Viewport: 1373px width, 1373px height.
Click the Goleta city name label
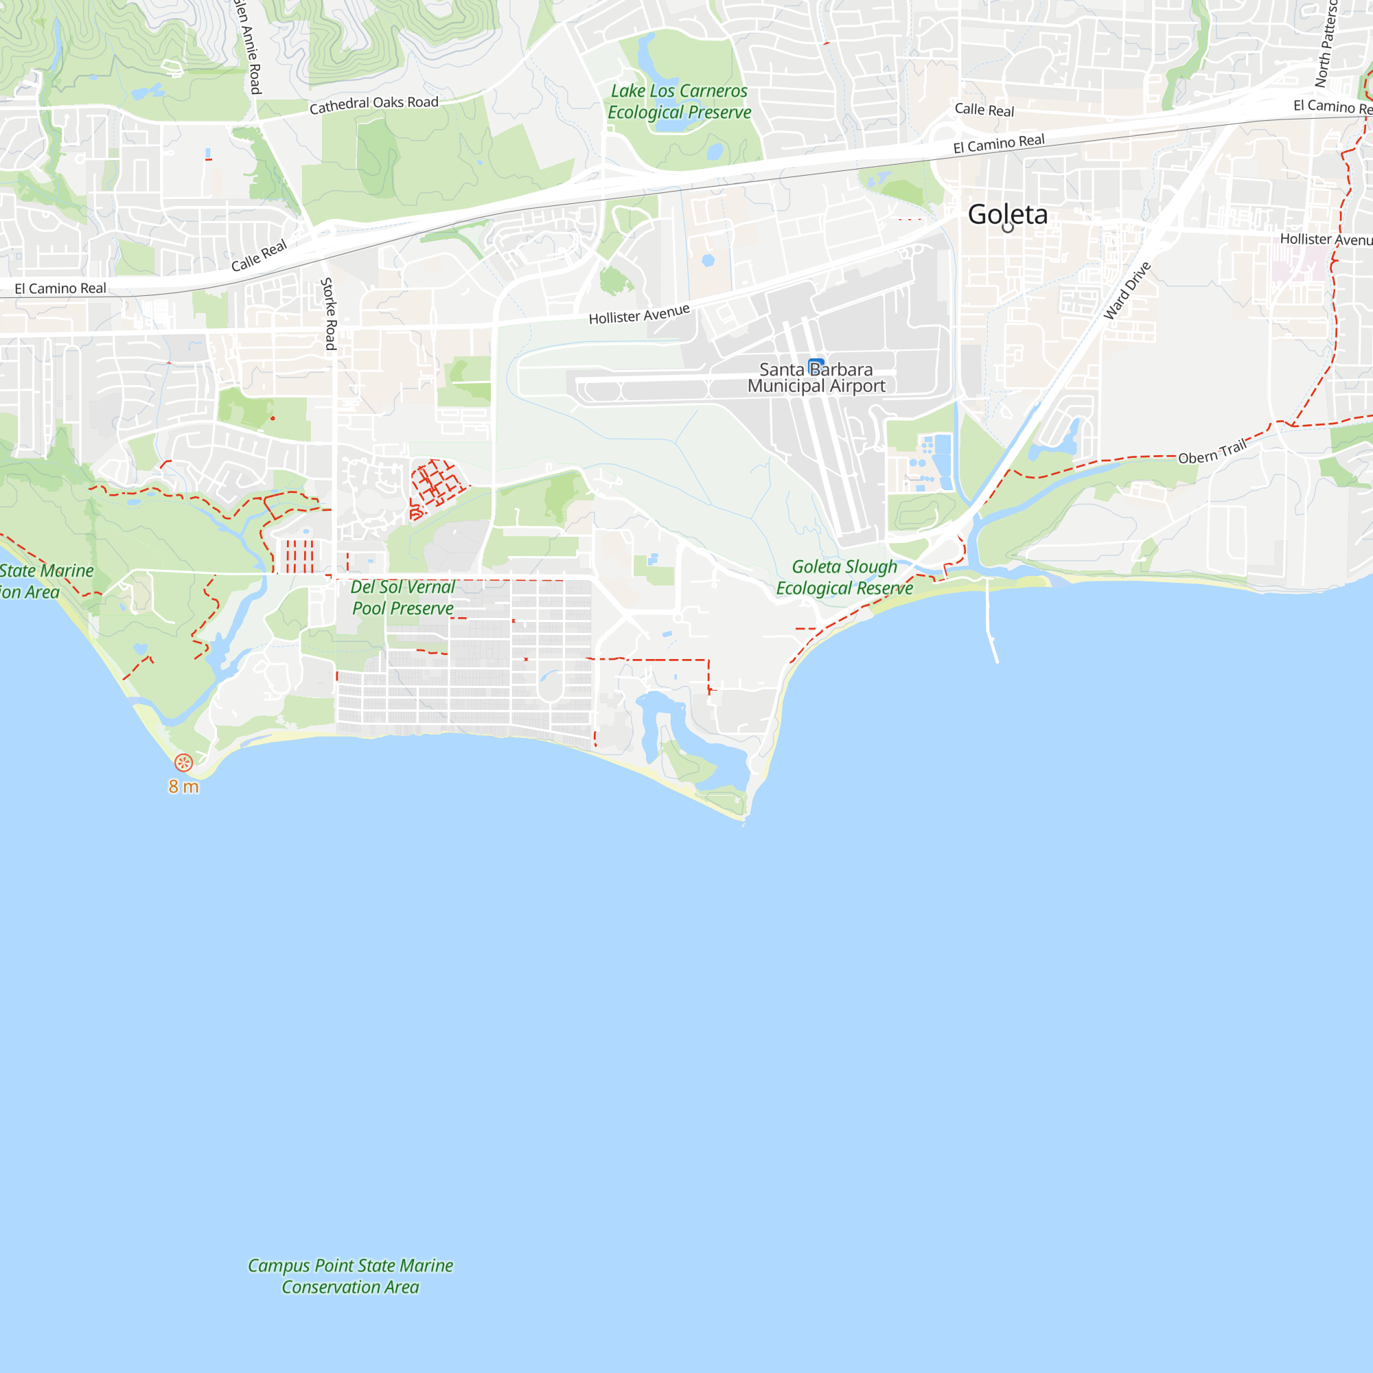click(1007, 214)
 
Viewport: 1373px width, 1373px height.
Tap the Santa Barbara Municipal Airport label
click(816, 378)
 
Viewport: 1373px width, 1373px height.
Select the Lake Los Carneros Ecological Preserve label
click(679, 102)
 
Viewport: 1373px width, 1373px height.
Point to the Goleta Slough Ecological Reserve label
click(844, 577)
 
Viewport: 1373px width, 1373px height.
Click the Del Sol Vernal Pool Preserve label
click(403, 597)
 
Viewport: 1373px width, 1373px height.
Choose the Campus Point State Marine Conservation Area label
click(350, 1276)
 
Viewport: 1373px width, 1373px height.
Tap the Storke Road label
click(328, 314)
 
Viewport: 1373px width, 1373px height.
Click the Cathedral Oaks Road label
click(374, 104)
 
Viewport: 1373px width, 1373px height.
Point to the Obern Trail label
click(1212, 452)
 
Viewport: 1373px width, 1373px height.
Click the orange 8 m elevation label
click(183, 787)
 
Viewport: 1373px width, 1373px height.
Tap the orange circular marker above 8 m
click(183, 763)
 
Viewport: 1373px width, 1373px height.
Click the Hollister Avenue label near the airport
click(639, 314)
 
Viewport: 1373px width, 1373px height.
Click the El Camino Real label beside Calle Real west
click(60, 288)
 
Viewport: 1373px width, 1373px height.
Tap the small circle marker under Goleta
click(1008, 228)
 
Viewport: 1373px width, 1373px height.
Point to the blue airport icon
click(816, 365)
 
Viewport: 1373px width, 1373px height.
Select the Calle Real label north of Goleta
click(984, 109)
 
